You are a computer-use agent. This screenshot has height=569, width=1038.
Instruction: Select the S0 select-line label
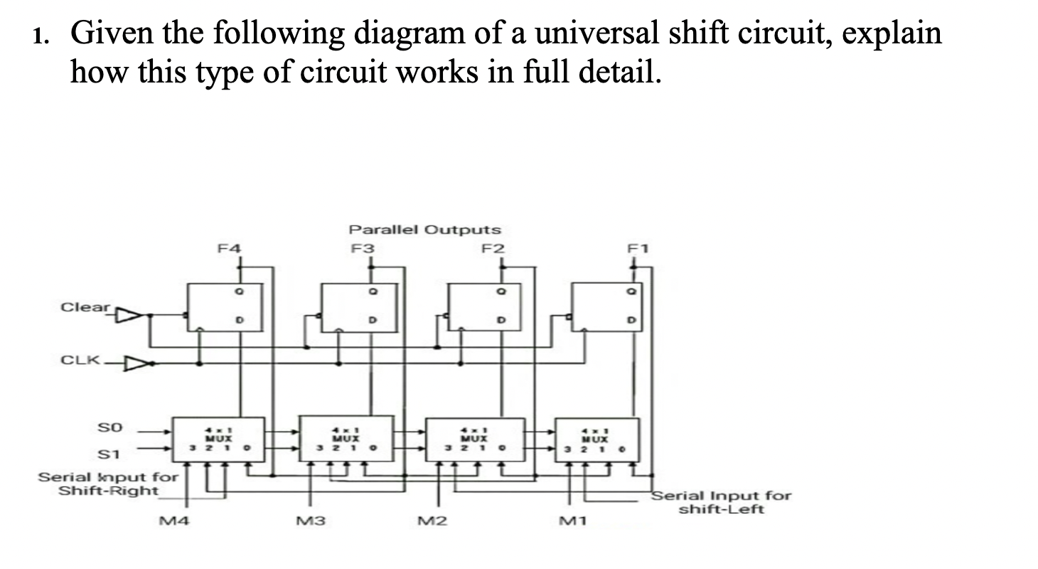click(113, 428)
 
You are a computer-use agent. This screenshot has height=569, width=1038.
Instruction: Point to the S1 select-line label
click(113, 453)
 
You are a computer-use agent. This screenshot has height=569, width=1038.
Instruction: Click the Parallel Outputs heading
click(424, 230)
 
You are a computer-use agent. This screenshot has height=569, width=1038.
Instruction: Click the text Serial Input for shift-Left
click(719, 502)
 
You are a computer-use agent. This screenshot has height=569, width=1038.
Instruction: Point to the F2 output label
click(492, 248)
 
